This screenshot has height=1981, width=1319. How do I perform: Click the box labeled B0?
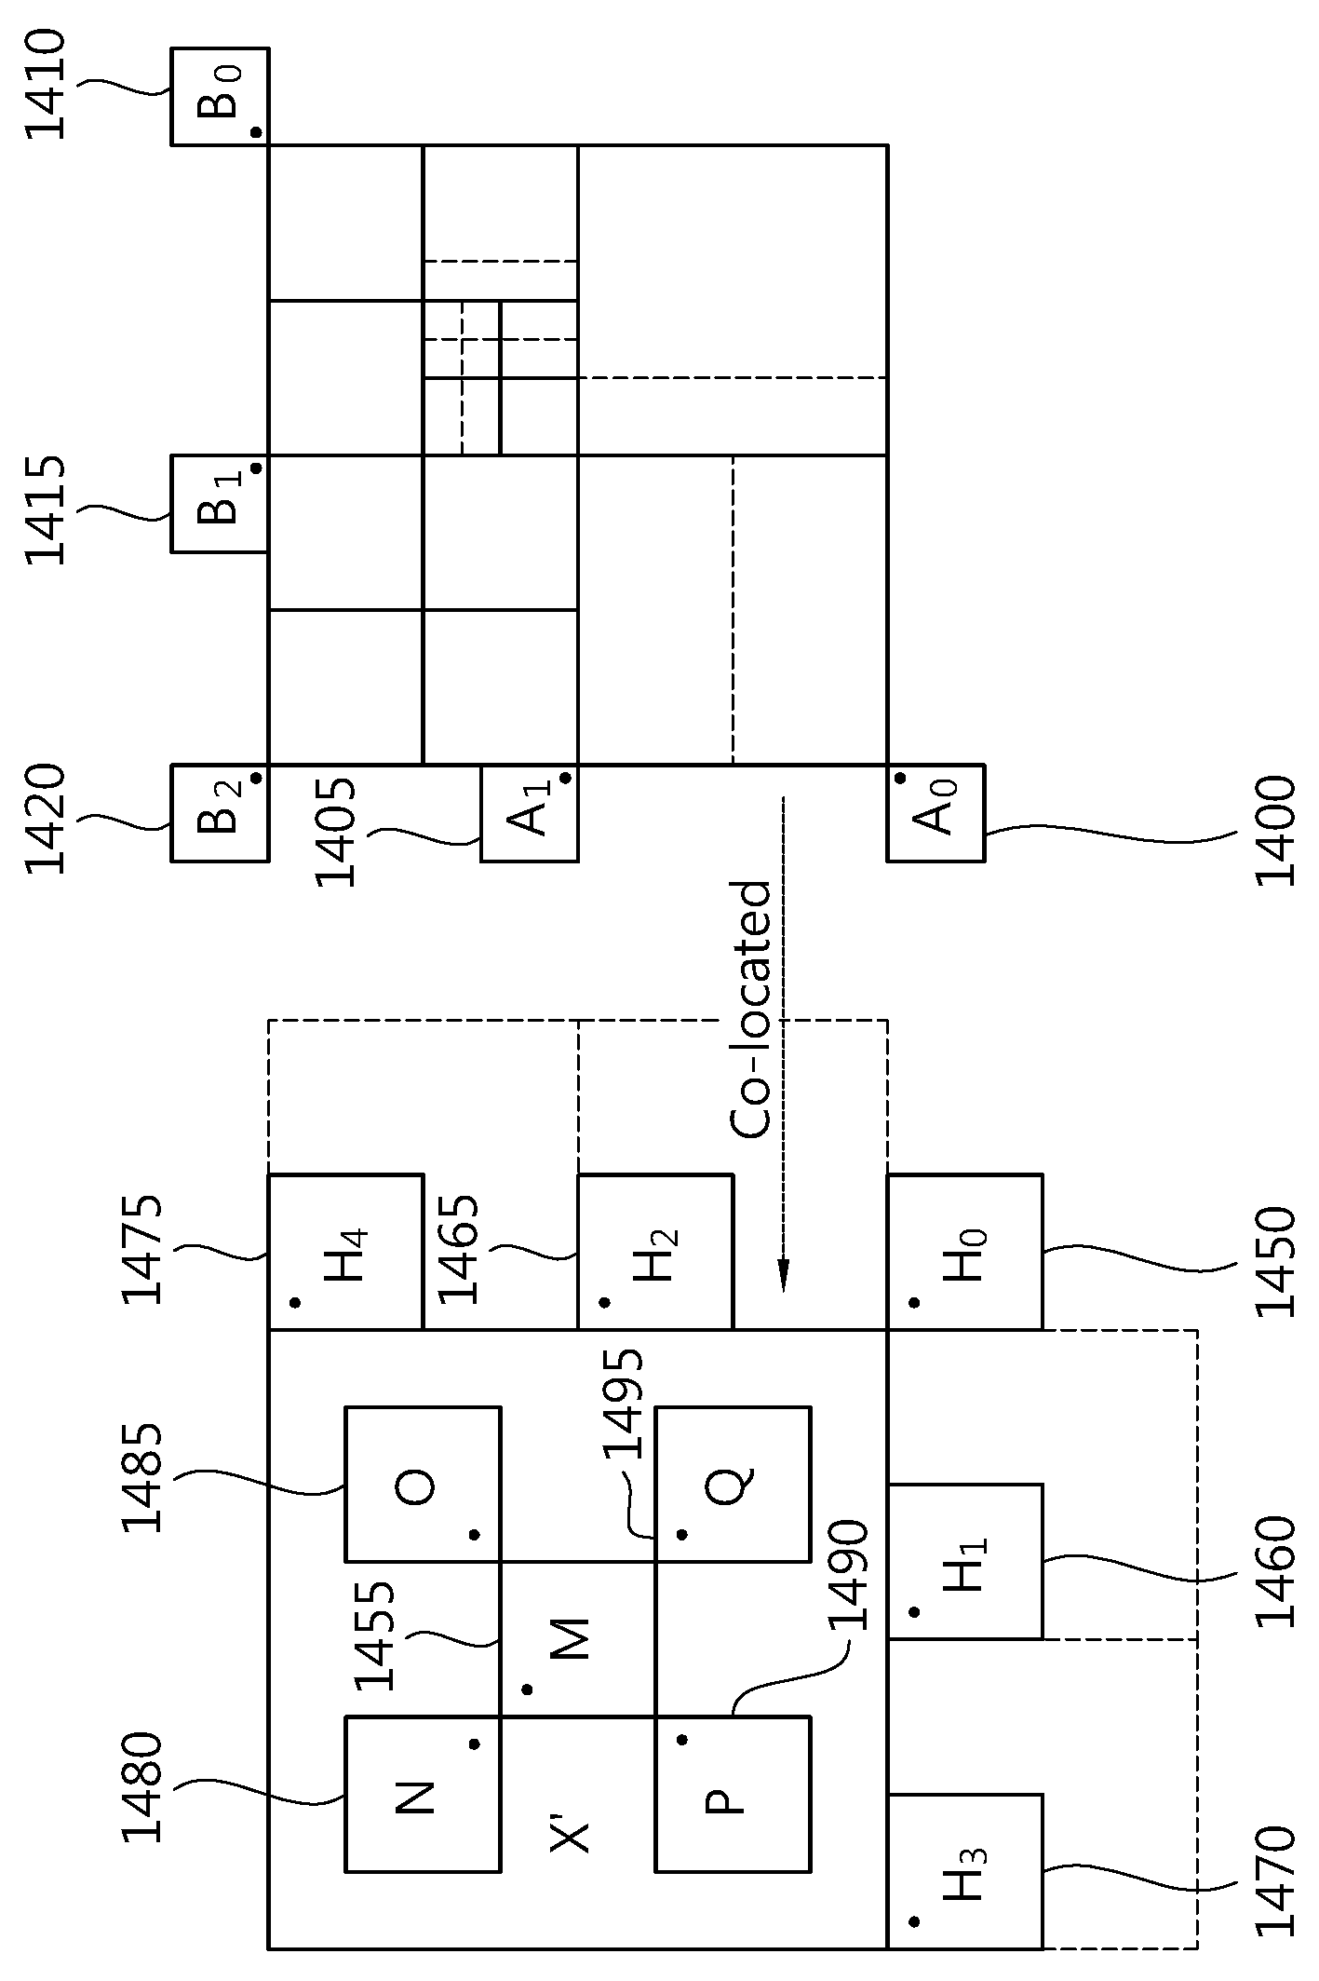(x=221, y=96)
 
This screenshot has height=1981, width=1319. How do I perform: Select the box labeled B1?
(x=221, y=503)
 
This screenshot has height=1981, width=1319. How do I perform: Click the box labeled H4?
(x=345, y=1252)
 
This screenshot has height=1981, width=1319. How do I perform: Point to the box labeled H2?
(x=655, y=1252)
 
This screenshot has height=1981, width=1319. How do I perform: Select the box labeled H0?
(x=964, y=1252)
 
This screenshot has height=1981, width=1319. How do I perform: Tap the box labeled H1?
(x=964, y=1562)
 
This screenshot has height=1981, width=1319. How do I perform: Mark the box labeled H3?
(x=964, y=1870)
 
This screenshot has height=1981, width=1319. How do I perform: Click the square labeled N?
(x=423, y=1794)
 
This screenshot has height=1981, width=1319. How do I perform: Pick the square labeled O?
(x=423, y=1484)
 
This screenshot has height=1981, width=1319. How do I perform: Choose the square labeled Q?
(x=733, y=1484)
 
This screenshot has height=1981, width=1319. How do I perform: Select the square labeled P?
(x=733, y=1794)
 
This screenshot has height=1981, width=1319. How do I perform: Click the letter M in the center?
(x=571, y=1639)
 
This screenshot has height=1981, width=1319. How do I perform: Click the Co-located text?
(x=750, y=1010)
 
